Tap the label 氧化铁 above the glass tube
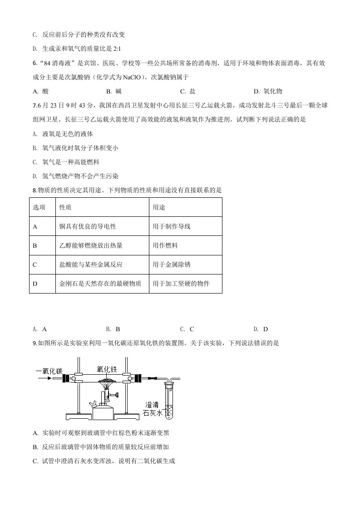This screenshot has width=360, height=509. pyautogui.click(x=107, y=369)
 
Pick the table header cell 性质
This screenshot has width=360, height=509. pyautogui.click(x=65, y=207)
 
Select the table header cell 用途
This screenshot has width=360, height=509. pyautogui.click(x=159, y=207)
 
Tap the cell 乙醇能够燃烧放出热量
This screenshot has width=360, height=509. pyautogui.click(x=91, y=245)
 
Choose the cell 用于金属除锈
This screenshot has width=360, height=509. pyautogui.click(x=172, y=264)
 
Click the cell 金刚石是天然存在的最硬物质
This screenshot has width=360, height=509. pyautogui.click(x=100, y=284)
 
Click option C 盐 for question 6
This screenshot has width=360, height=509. pyautogui.click(x=188, y=91)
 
